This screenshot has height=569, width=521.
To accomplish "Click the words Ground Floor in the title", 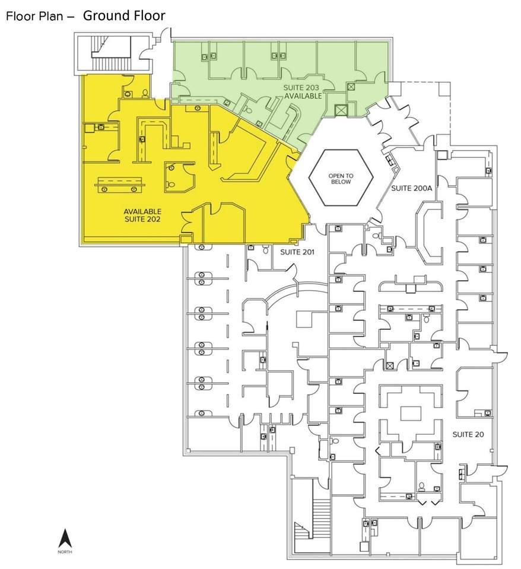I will (x=124, y=15).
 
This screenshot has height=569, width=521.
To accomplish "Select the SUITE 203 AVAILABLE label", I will (x=301, y=91).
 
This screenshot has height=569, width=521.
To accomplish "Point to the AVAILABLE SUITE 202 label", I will (x=142, y=215).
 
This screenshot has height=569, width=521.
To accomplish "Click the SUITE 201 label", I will (x=297, y=252).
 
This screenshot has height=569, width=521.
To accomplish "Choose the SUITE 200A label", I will (x=409, y=188).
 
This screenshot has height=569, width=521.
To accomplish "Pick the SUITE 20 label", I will (x=468, y=434).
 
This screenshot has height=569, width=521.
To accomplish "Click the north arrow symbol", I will (x=65, y=538).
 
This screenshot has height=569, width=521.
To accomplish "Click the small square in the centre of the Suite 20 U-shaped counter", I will (x=409, y=413).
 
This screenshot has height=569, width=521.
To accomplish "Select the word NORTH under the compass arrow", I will (x=65, y=552).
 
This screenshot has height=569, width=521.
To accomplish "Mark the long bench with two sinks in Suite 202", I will (x=120, y=184).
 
